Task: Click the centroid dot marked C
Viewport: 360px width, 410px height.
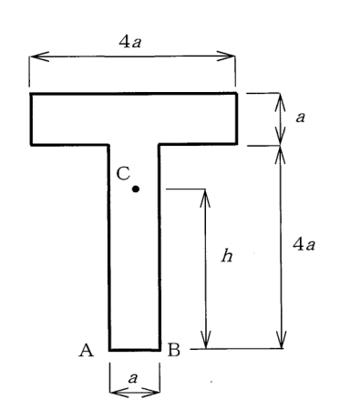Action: tap(136, 189)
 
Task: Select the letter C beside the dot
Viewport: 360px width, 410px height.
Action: tap(123, 174)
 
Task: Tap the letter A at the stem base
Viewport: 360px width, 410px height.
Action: tap(87, 350)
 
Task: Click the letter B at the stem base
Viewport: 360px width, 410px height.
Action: tap(174, 350)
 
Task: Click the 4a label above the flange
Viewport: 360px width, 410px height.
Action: tap(130, 42)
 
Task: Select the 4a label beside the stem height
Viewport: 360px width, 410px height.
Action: tap(303, 244)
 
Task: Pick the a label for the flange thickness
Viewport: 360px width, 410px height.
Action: tap(300, 118)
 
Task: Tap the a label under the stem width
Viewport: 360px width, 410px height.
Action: tap(133, 378)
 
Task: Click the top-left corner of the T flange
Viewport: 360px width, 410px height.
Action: tap(31, 94)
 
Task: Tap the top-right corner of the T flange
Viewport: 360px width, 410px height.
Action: tap(236, 94)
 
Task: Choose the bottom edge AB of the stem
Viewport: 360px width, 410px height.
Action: tap(135, 350)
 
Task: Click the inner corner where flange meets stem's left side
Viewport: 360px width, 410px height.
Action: tap(108, 145)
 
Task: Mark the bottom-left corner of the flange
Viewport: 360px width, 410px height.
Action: tap(31, 145)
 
